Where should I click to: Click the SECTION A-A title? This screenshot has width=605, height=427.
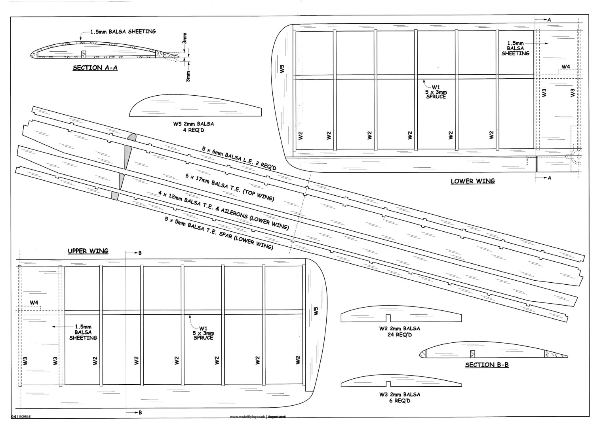pyautogui.click(x=95, y=68)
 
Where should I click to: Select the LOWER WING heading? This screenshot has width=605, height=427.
pyautogui.click(x=473, y=181)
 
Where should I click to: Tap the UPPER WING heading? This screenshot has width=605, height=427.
pyautogui.click(x=88, y=251)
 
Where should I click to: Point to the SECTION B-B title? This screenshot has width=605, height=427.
pyautogui.click(x=487, y=365)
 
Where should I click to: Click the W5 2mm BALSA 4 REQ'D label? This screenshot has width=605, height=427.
pyautogui.click(x=193, y=127)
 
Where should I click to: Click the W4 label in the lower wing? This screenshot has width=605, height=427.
pyautogui.click(x=565, y=67)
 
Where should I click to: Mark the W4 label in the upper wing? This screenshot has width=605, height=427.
pyautogui.click(x=34, y=303)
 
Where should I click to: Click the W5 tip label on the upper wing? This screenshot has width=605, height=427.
pyautogui.click(x=316, y=311)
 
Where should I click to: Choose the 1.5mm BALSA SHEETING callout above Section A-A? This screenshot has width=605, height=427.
pyautogui.click(x=123, y=32)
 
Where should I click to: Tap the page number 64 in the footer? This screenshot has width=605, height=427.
pyautogui.click(x=13, y=416)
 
